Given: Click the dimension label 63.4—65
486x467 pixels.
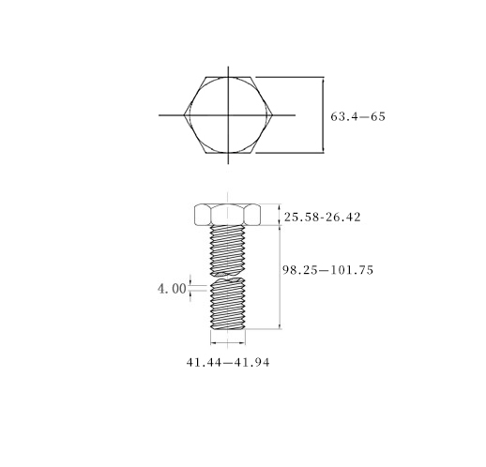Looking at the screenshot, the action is tap(357, 116).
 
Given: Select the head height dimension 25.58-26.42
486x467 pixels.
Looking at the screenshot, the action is tap(323, 217).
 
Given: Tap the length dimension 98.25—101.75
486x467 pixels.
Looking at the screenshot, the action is tap(328, 270).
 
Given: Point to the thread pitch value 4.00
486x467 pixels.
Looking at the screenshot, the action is tap(172, 289).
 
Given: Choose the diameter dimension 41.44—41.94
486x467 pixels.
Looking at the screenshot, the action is tap(228, 362).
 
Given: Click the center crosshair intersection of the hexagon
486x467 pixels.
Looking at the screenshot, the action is tap(228, 115).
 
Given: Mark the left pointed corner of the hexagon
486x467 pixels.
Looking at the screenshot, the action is tap(184, 115).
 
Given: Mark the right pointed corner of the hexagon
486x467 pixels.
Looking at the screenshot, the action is tap(273, 115).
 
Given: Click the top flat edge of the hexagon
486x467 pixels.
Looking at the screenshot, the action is tap(228, 77).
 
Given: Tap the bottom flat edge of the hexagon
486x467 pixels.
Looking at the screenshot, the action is tap(228, 153).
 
